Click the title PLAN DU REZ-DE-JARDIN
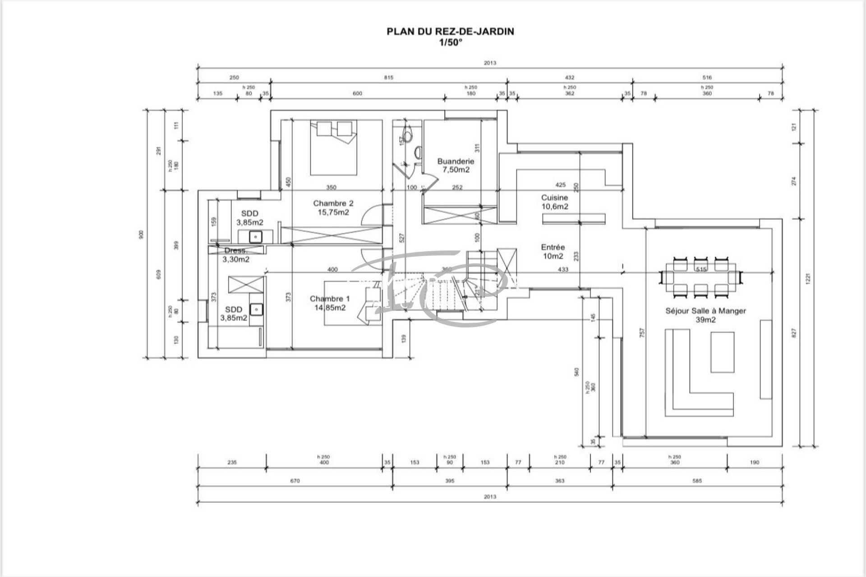450,32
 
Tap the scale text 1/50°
451,43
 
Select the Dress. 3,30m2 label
235,255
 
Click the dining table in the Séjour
701,277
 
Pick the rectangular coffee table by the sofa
722,352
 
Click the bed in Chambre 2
333,147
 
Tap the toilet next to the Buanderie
407,136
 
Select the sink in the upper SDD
256,236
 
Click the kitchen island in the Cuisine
573,219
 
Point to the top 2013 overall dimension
490,63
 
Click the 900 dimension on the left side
141,234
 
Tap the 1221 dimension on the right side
808,278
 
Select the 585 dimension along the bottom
697,481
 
